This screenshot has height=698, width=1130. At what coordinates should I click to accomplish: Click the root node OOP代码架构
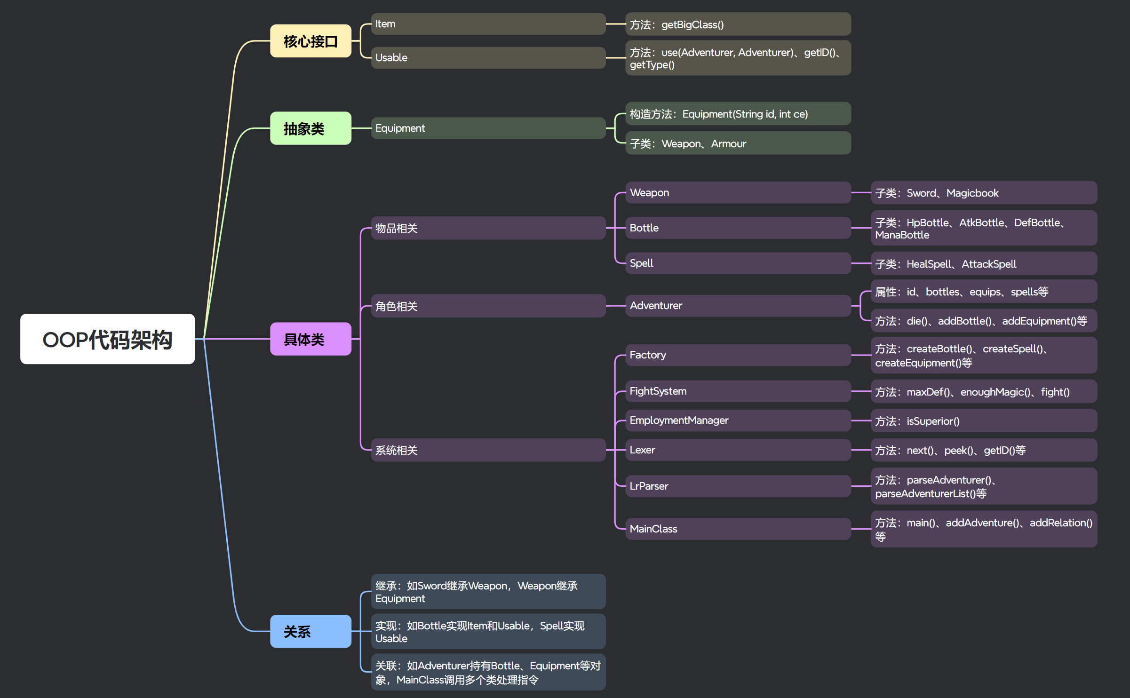[x=107, y=339]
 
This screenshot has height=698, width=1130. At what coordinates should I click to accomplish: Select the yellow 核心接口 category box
[x=310, y=41]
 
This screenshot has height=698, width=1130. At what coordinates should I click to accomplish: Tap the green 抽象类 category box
[x=310, y=128]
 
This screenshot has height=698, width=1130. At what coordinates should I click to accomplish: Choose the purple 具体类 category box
[x=310, y=339]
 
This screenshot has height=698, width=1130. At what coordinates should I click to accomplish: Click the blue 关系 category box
[x=310, y=631]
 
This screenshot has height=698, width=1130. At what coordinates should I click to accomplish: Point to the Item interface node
[x=488, y=24]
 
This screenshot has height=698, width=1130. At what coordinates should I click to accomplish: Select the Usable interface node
[x=488, y=57]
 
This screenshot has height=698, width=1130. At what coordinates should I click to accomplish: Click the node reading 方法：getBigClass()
[x=738, y=24]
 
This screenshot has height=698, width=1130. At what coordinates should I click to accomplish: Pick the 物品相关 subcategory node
[x=488, y=228]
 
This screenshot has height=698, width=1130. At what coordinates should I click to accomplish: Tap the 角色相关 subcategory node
[x=488, y=306]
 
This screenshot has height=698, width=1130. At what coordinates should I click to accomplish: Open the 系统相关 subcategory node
[x=488, y=450]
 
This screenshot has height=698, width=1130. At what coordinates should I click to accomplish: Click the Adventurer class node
[x=738, y=306]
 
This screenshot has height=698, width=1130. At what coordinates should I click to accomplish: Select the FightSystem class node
[x=738, y=391]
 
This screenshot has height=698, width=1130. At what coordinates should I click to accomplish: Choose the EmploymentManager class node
[x=738, y=420]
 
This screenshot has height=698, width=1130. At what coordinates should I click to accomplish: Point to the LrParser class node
[x=738, y=486]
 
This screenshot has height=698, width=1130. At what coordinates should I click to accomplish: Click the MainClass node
[x=738, y=529]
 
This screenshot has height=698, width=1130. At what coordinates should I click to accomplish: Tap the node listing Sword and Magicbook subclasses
[x=983, y=193]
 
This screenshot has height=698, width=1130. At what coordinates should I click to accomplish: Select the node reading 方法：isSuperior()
[x=983, y=421]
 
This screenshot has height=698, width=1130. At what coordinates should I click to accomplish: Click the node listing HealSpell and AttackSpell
[x=983, y=264]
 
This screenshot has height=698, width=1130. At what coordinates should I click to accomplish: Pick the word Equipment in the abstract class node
[x=400, y=128]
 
